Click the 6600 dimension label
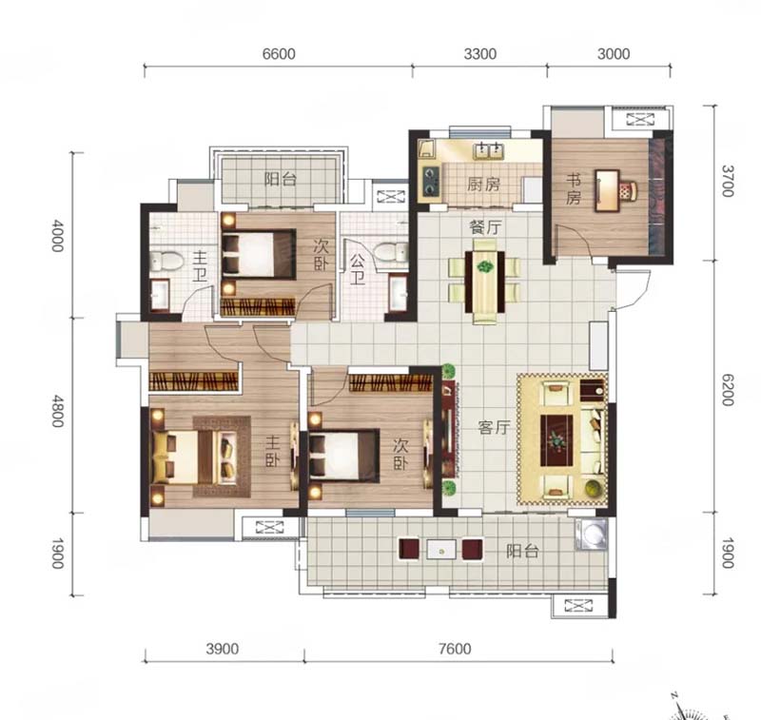(279, 54)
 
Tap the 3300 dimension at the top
(480, 54)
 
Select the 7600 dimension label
(455, 649)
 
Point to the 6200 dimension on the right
(727, 390)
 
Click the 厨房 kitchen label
(483, 185)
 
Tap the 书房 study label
(574, 189)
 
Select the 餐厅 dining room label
(485, 227)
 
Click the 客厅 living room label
(494, 427)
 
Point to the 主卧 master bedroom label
(273, 451)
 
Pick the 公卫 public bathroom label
(358, 270)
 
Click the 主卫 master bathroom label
(200, 266)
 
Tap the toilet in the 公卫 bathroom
(391, 253)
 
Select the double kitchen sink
(489, 151)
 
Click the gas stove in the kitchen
(431, 181)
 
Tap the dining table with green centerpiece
(484, 282)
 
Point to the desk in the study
(608, 190)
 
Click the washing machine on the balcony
(591, 535)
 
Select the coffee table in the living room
(556, 440)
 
